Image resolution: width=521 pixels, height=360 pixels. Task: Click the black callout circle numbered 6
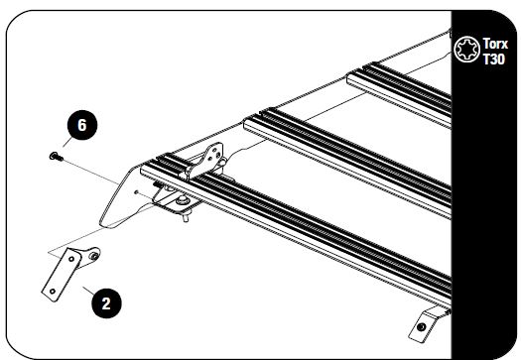(x=81, y=127)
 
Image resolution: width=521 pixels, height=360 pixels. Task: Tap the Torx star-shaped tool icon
(x=465, y=50)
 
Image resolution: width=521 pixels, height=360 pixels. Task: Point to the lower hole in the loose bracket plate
(x=51, y=291)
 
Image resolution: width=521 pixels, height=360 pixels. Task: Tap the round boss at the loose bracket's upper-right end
(x=92, y=257)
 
